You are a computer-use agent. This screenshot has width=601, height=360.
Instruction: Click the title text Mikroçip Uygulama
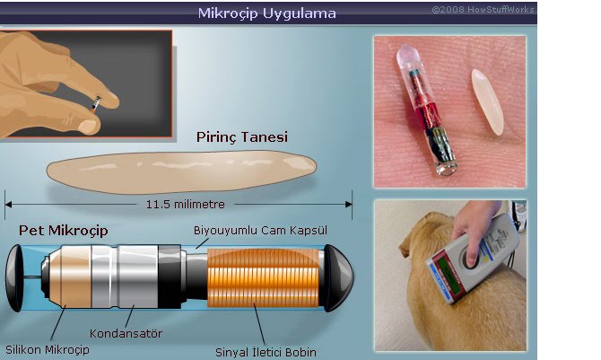click(x=266, y=13)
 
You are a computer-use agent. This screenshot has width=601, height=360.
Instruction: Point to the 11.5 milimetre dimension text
click(x=184, y=203)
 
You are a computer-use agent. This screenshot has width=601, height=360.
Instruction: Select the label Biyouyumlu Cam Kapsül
click(x=261, y=231)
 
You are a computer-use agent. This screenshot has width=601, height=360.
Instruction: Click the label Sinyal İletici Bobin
click(x=266, y=351)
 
